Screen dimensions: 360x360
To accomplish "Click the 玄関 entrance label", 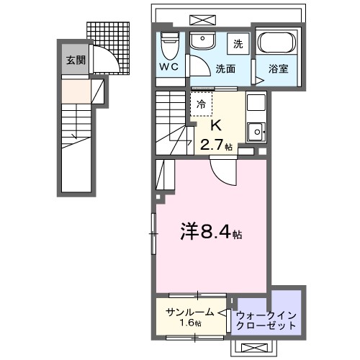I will pos(74,60).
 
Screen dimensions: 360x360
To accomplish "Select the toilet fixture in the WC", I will pos(170,46).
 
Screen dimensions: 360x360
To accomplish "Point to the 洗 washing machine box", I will pos(238,44).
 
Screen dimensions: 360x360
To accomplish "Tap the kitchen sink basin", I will pos(255,130).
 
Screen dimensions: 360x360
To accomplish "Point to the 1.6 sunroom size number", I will pos(188,323).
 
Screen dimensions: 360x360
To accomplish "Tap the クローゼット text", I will pos(266,325).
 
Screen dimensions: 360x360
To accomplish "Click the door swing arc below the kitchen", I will pos(220,171).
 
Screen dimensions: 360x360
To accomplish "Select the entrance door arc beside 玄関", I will pos(102,60).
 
